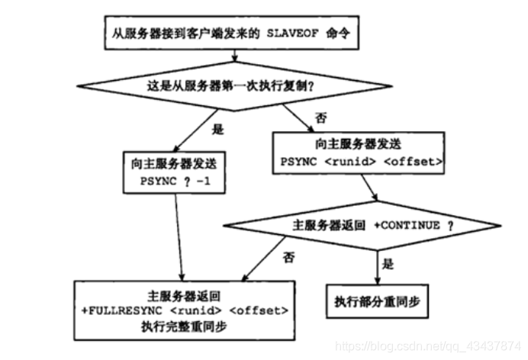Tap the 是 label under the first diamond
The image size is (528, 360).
click(217, 130)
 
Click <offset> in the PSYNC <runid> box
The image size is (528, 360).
click(414, 162)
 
